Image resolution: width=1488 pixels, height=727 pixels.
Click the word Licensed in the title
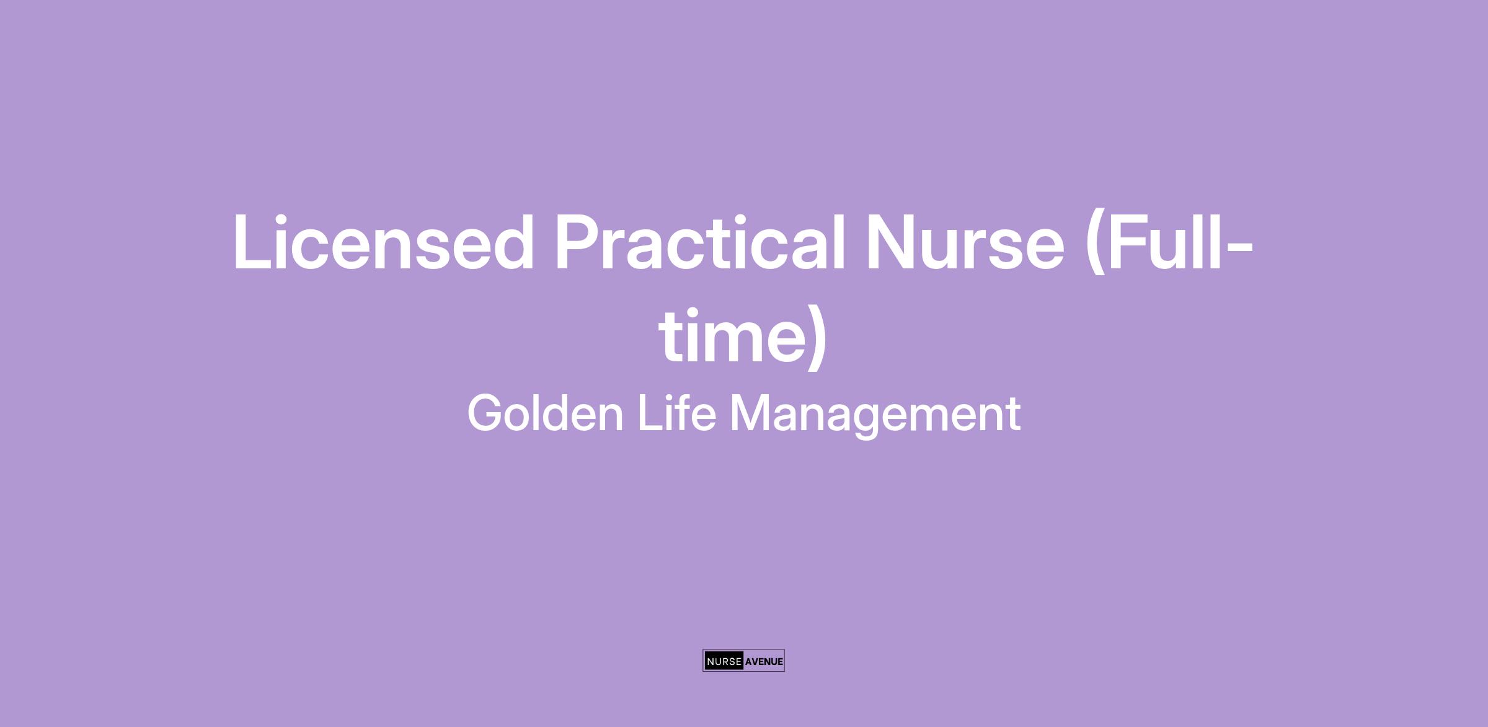383,242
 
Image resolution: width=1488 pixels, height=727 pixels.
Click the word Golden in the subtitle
545,413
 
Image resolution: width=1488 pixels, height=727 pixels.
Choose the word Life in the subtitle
676,413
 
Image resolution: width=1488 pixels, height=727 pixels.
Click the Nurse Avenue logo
743,661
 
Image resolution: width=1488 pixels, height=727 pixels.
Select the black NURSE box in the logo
724,661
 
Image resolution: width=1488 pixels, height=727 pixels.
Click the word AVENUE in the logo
764,661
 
